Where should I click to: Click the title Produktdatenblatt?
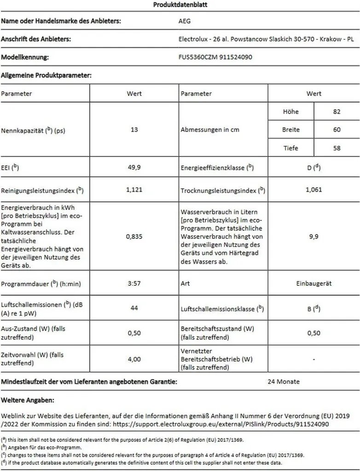(180, 5)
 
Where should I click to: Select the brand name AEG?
(184, 21)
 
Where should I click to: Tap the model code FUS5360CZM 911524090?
(215, 57)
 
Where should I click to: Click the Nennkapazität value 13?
(134, 130)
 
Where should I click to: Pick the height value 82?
(337, 111)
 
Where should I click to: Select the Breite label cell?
(291, 130)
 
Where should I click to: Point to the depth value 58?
(337, 148)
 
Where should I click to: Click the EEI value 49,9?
(134, 167)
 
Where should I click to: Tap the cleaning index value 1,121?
(134, 190)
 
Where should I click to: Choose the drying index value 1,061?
(314, 190)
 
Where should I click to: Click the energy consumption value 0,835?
(134, 237)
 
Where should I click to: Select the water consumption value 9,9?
(314, 237)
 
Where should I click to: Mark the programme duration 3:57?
(134, 283)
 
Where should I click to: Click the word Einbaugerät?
(314, 283)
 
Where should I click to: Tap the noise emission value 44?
(134, 308)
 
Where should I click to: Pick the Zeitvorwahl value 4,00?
(134, 359)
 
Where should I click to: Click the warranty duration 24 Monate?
(284, 381)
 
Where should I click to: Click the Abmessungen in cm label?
(210, 130)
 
